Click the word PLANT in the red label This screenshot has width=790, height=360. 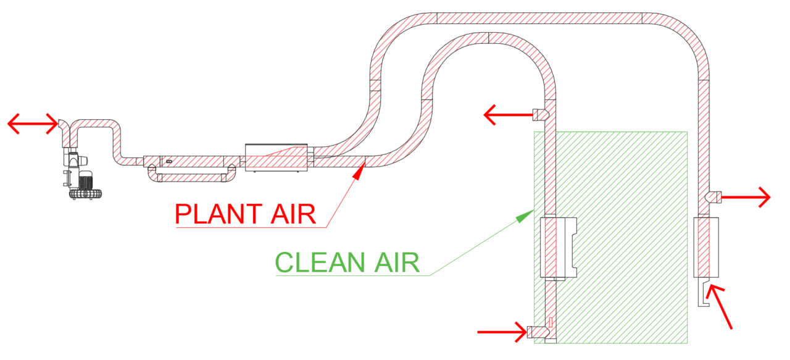pyautogui.click(x=214, y=214)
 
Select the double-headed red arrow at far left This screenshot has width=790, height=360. pyautogui.click(x=32, y=124)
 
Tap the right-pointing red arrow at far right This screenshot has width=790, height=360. pyautogui.click(x=746, y=198)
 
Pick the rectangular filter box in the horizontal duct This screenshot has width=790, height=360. pyautogui.click(x=276, y=157)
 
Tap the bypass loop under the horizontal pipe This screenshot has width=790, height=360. pyautogui.click(x=191, y=177)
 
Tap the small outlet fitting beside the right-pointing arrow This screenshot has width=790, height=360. pyautogui.click(x=713, y=198)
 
